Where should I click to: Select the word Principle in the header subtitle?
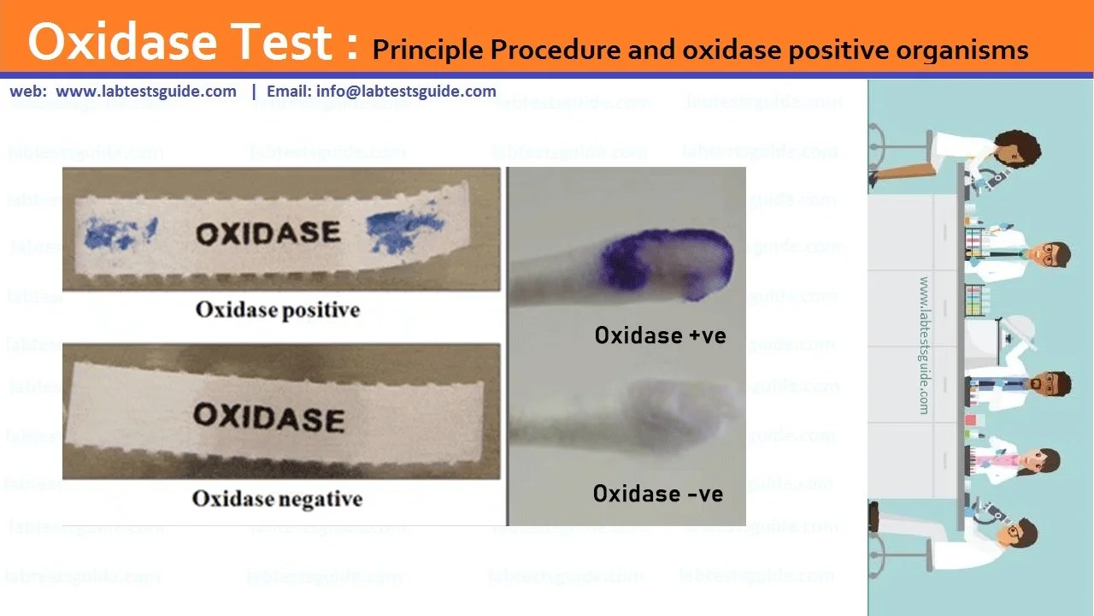point(428,50)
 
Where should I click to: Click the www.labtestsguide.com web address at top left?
point(146,92)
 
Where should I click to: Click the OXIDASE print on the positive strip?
point(268,233)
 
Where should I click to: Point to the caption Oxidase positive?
point(278,310)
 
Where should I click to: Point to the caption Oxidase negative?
point(277,498)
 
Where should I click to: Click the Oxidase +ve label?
point(660,335)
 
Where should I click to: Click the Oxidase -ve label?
point(657,494)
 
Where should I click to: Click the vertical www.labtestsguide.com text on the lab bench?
point(924,345)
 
